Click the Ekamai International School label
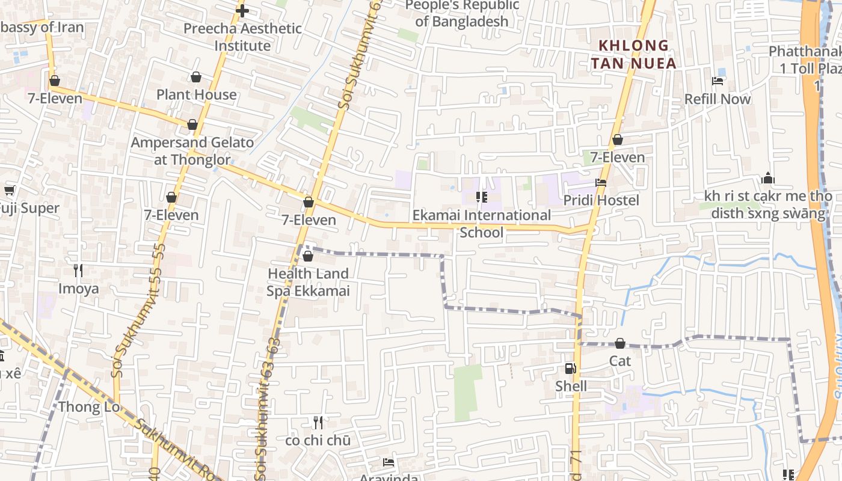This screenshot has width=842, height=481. tap(481, 224)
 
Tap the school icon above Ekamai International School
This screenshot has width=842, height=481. tap(481, 197)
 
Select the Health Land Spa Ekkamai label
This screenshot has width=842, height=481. tap(309, 282)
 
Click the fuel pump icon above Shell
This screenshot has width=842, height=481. tap(570, 369)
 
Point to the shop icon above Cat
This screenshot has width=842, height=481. tap(619, 343)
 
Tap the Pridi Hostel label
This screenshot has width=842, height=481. tap(601, 200)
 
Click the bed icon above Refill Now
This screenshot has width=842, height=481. tap(718, 81)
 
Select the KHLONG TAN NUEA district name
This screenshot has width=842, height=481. tap(633, 54)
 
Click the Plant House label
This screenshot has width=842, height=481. tap(197, 95)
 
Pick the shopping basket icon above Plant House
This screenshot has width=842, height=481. tap(196, 77)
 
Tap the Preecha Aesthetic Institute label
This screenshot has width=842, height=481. tap(242, 37)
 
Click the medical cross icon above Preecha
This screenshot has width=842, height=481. tap(242, 10)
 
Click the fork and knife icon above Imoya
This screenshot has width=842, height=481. tap(78, 270)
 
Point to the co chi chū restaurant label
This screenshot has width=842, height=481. tap(318, 440)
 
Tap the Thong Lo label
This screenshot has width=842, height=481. tap(88, 407)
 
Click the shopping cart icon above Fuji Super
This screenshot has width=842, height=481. tap(9, 191)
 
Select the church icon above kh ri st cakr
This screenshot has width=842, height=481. tap(768, 179)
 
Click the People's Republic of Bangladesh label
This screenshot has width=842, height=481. tap(462, 13)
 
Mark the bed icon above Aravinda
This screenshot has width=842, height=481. tap(389, 462)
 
